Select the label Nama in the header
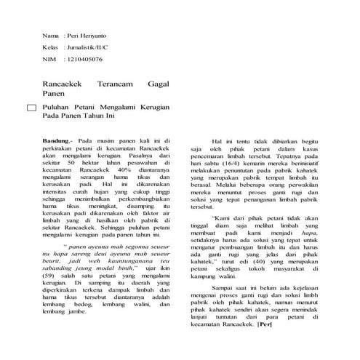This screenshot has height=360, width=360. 51,35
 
